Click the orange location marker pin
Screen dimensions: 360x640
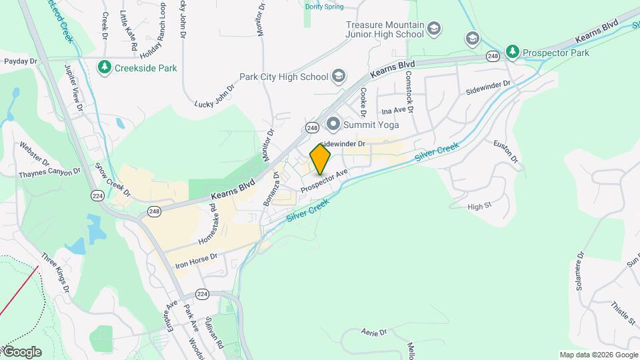320,159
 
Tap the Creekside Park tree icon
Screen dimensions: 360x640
104,67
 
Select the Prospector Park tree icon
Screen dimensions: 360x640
512,51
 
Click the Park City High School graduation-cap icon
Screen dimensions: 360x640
339,76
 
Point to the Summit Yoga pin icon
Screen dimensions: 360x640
333,124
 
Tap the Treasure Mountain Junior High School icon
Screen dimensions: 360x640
434,29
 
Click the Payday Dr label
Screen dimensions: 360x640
20,61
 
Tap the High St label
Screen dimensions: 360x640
479,207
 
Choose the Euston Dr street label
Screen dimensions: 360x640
505,151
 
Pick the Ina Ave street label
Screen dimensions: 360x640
393,110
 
